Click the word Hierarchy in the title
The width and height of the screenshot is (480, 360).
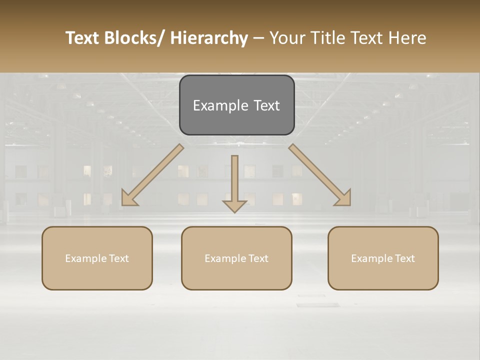pos(209,38)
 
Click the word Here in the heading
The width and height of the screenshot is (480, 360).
pos(408,38)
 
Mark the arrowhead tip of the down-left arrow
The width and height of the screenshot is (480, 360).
pos(123,204)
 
